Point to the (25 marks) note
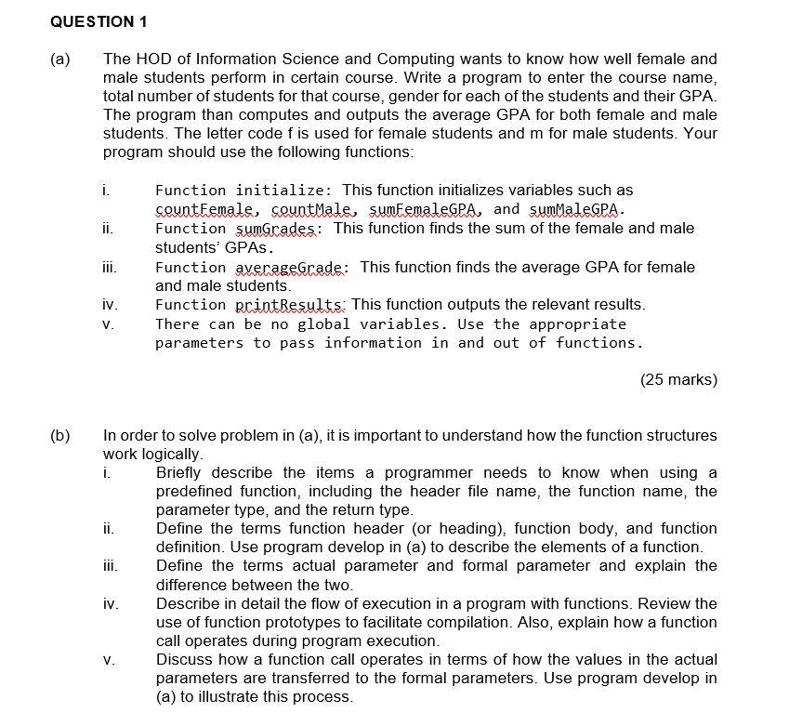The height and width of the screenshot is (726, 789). (678, 379)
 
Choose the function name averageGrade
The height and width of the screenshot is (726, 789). (292, 267)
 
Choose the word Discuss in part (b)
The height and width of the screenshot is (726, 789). (186, 660)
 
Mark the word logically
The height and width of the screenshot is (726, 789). (170, 455)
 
